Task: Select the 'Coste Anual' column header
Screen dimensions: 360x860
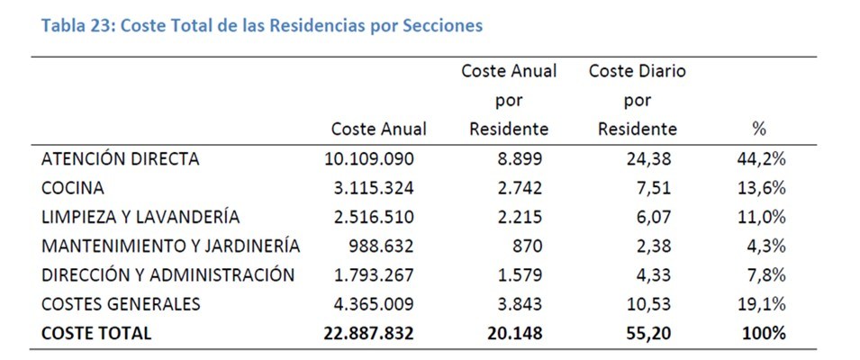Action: pos(378,130)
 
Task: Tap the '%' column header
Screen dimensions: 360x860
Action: pos(758,130)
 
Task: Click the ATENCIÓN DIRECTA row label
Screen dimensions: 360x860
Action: pos(120,159)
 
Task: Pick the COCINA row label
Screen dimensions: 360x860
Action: pos(72,188)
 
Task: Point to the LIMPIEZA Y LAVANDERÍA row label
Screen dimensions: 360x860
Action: pos(140,217)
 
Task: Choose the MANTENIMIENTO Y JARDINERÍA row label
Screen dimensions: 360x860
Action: pos(170,246)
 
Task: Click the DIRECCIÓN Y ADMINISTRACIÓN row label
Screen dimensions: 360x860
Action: pos(167,274)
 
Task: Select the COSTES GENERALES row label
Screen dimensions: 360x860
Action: pos(121,303)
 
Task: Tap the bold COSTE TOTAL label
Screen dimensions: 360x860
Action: pos(96,333)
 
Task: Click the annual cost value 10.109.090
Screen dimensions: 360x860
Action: pos(369,159)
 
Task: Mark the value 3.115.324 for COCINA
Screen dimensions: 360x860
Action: pos(373,188)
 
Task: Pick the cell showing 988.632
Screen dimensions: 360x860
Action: pos(381,246)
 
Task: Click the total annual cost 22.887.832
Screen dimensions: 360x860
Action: pos(368,333)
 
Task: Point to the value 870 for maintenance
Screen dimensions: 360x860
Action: pos(530,246)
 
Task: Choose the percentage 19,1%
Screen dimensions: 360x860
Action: pos(761,303)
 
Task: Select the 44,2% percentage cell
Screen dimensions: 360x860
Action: pos(761,159)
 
